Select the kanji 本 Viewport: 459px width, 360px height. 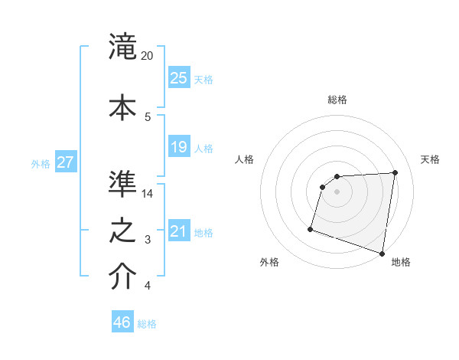122,105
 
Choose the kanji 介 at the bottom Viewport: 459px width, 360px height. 122,277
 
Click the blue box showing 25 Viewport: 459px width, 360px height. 178,78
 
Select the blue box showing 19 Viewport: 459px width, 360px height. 178,147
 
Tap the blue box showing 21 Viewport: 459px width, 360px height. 178,232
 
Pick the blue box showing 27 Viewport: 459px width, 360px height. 66,162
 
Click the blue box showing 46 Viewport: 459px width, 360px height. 122,322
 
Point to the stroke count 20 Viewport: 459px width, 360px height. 148,56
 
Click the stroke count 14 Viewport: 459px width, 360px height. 148,194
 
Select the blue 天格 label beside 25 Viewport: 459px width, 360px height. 203,80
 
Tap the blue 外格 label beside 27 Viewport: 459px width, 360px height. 41,164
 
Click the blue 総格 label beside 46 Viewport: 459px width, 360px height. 147,324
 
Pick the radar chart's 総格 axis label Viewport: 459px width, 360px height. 337,100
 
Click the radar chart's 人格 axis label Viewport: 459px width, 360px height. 244,159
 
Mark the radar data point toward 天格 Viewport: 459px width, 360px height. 395,172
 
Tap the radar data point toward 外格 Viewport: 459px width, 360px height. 311,229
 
